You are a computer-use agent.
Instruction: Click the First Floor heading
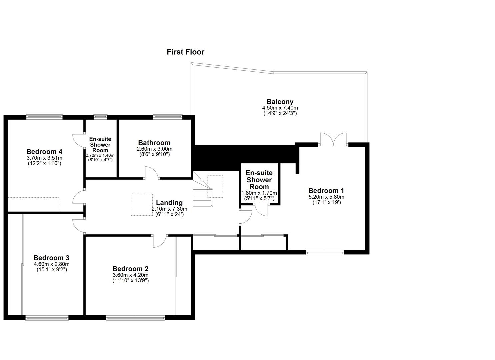pos(185,52)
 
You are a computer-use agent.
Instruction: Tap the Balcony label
pos(280,102)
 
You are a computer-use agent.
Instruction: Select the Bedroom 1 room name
pos(326,191)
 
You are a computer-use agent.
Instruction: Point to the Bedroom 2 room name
pos(130,269)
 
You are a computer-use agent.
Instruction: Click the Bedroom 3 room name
pos(51,258)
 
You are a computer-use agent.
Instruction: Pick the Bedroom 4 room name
pos(44,152)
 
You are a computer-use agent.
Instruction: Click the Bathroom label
pos(154,143)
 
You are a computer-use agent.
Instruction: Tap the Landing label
pos(169,203)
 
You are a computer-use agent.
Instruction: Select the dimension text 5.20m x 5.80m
pos(326,197)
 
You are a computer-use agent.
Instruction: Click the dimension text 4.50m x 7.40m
pos(280,108)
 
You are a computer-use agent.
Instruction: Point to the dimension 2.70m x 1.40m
pos(100,155)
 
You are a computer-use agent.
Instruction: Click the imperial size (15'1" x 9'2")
pos(52,269)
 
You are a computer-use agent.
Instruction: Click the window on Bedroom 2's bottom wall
pos(135,318)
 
